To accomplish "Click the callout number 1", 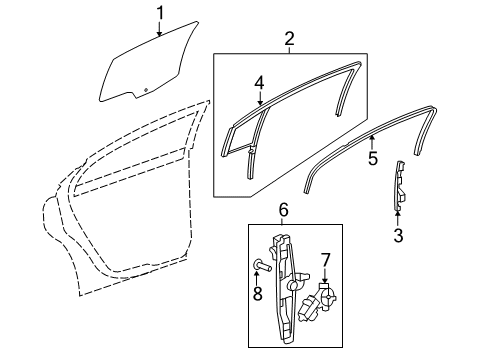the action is click(x=159, y=13).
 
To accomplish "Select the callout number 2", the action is click(x=290, y=39).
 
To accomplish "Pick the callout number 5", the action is click(x=372, y=157).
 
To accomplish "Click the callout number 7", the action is click(x=324, y=262).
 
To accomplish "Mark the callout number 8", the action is click(x=256, y=295).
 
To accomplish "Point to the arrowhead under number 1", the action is click(x=159, y=34).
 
